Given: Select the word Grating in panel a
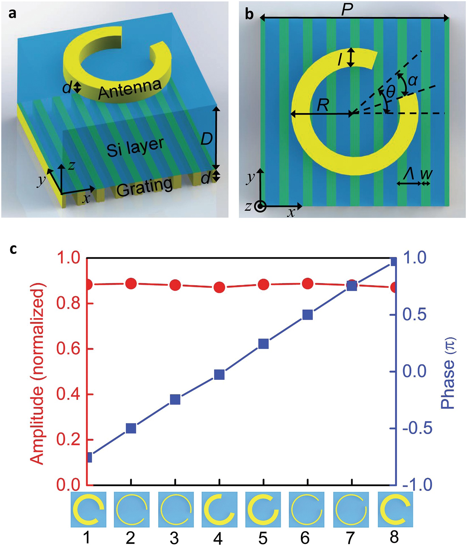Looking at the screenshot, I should click(145, 187).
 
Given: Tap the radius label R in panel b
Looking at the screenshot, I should click(323, 106).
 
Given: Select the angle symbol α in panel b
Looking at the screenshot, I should click(413, 81).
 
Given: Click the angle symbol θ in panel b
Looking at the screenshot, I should click(391, 92).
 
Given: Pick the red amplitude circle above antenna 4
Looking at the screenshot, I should click(219, 287).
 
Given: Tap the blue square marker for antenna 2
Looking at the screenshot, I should click(131, 429).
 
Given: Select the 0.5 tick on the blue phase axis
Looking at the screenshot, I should click(415, 315).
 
